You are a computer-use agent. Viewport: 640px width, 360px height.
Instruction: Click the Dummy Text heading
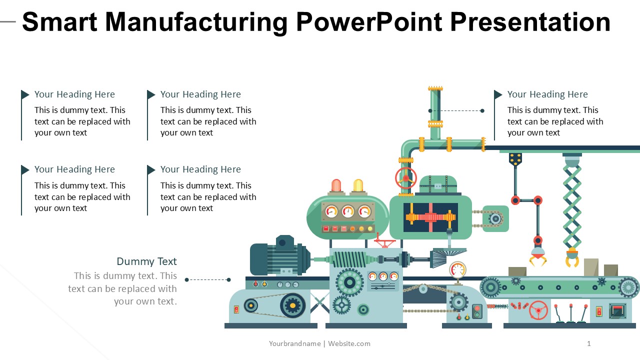pos(146,261)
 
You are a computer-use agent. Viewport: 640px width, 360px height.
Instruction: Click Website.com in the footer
pos(349,343)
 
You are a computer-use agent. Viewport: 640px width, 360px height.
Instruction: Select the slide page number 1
pos(589,343)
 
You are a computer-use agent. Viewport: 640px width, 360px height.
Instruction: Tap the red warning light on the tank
pos(336,186)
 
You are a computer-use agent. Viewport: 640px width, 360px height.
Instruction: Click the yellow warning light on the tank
pos(358,186)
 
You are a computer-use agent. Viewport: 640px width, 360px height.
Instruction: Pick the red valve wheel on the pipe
pos(405,178)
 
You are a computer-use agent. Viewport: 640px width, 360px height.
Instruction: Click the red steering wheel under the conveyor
pos(538,310)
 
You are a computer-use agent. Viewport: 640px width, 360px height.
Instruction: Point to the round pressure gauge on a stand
pos(457,269)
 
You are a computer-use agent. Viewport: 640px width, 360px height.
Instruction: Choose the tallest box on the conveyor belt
pos(591,267)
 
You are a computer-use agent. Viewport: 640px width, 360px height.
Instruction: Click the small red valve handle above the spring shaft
pos(384,243)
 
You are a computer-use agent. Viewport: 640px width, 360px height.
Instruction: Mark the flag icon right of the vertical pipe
pos(498,94)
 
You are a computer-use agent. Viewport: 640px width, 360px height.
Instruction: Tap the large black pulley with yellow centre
pos(292,305)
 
